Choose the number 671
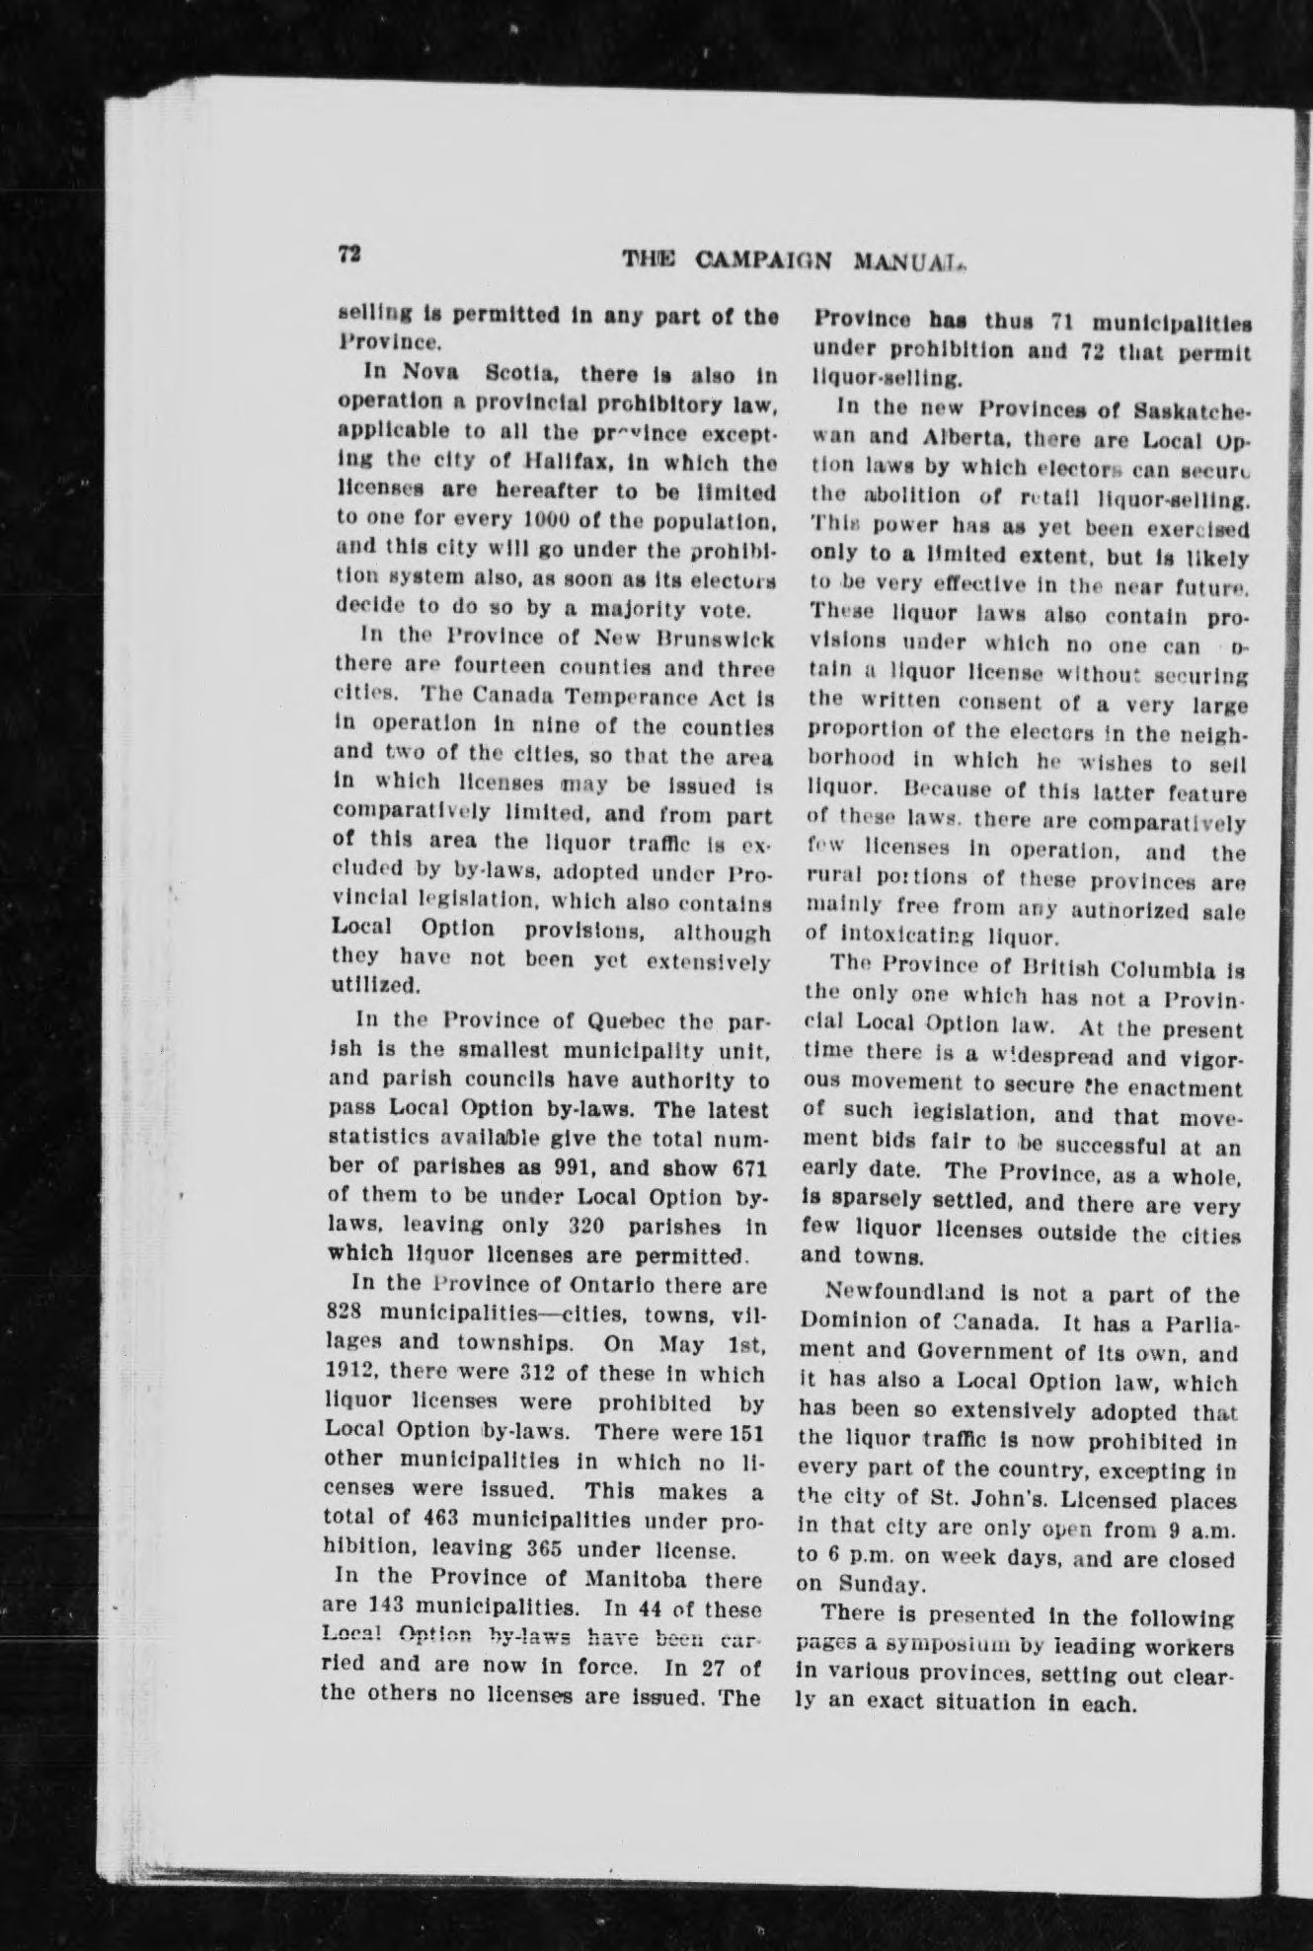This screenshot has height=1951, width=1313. [x=745, y=1169]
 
